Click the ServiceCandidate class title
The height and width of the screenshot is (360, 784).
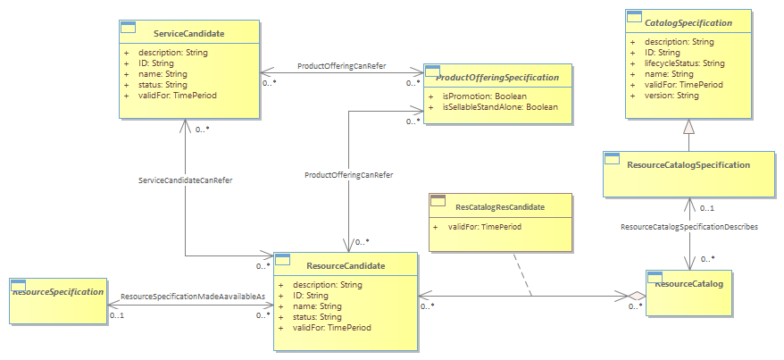click(189, 34)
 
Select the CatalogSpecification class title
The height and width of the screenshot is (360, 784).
click(688, 23)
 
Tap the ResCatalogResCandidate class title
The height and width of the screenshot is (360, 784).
click(500, 206)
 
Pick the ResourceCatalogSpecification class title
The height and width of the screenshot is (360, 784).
click(688, 165)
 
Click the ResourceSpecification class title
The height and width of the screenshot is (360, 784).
click(58, 291)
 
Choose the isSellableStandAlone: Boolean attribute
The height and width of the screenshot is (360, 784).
click(500, 107)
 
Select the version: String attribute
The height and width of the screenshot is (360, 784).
click(671, 96)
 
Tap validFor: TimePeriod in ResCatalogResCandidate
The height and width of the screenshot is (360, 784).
click(485, 227)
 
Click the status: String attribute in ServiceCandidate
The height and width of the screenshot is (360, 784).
click(163, 85)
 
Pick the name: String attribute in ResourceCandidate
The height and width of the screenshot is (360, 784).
click(317, 306)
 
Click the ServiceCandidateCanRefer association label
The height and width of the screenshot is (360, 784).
click(185, 180)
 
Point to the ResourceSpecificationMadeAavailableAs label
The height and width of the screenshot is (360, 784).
click(193, 297)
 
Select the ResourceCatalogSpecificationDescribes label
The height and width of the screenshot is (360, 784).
click(689, 227)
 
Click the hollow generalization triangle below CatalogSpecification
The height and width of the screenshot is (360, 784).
click(689, 127)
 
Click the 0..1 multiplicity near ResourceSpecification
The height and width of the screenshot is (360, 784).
click(116, 315)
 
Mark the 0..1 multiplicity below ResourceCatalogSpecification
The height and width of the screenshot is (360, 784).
click(707, 208)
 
